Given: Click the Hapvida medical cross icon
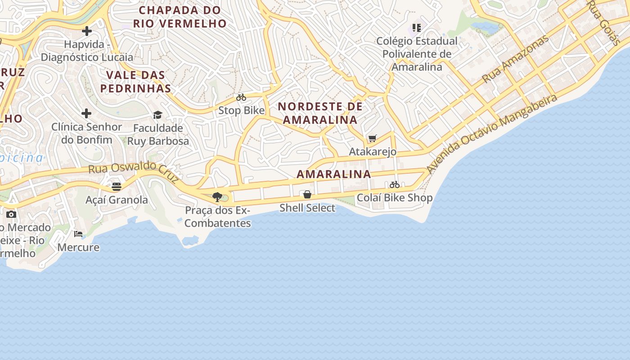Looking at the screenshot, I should [87, 31].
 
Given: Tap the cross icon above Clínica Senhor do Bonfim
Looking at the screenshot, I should [86, 113].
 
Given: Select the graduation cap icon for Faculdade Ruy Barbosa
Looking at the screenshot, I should [157, 115].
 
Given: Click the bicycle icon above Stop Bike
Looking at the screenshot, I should [241, 97].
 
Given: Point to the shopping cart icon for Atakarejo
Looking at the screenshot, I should [372, 138].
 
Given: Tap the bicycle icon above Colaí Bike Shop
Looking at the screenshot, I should [395, 184].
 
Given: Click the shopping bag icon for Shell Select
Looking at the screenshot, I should [307, 194].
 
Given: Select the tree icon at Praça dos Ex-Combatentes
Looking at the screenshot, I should [217, 197].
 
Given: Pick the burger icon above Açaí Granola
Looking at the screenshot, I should [117, 186].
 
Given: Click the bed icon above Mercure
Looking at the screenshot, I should [78, 234].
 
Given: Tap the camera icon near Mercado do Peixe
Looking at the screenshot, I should [11, 214].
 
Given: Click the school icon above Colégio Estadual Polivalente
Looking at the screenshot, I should [417, 28].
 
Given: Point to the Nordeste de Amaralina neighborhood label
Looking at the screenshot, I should [320, 113].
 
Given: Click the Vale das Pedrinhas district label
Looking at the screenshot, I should [135, 81].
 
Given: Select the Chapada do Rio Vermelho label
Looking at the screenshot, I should [180, 17].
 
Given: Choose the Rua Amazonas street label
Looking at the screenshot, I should [516, 58].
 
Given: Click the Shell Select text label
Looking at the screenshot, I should [307, 208].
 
